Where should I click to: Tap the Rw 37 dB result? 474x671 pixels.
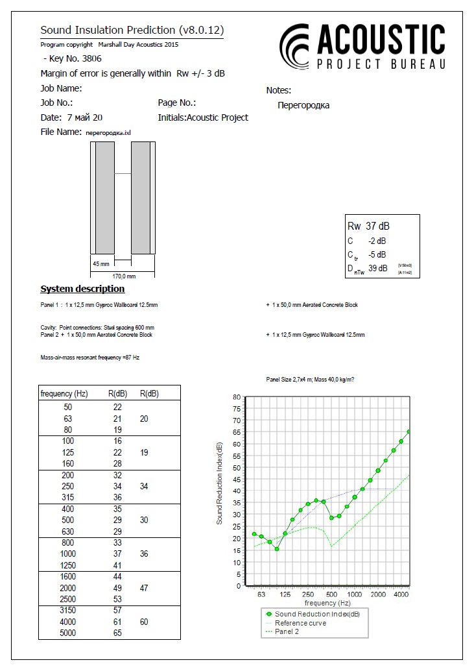click(369, 226)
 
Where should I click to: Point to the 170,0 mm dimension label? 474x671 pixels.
click(122, 276)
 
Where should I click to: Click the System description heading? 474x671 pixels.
click(82, 289)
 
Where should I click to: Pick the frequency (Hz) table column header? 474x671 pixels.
click(64, 393)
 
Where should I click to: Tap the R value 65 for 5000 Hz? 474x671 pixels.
click(117, 633)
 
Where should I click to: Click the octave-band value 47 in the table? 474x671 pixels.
click(144, 588)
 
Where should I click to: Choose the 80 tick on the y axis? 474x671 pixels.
click(237, 397)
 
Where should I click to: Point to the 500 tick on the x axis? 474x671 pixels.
click(331, 594)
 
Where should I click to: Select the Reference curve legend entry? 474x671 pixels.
click(300, 623)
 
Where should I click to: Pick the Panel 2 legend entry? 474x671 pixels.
click(287, 631)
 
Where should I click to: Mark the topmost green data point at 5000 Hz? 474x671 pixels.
click(409, 432)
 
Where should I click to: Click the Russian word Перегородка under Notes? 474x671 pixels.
click(303, 105)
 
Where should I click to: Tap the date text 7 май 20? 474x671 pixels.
click(84, 117)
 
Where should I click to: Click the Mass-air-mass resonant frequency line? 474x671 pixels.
click(89, 358)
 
